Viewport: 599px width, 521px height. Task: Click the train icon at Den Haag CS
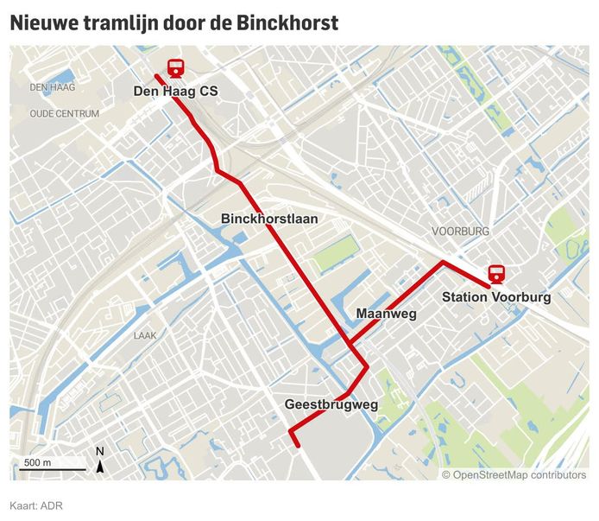click(175, 67)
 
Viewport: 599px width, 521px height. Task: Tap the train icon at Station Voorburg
click(496, 274)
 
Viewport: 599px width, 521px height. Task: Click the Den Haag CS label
click(175, 91)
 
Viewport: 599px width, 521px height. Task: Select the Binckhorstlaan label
click(269, 219)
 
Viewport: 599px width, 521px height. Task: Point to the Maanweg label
click(386, 315)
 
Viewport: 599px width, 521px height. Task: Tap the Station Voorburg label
click(496, 297)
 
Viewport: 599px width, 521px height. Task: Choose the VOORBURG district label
click(461, 232)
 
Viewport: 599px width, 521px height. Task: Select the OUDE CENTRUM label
click(65, 113)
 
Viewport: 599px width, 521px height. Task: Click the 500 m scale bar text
click(37, 463)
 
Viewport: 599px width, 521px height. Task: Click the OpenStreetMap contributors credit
click(514, 474)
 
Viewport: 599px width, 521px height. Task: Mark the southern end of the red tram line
click(298, 447)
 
